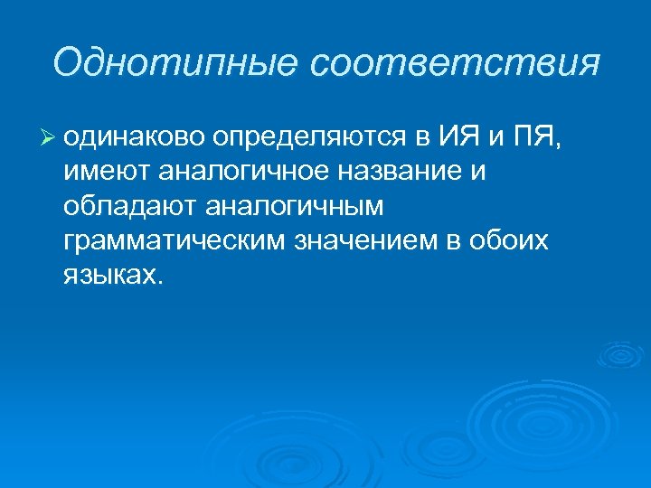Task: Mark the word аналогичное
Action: tap(233, 173)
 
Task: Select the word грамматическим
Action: tap(173, 241)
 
